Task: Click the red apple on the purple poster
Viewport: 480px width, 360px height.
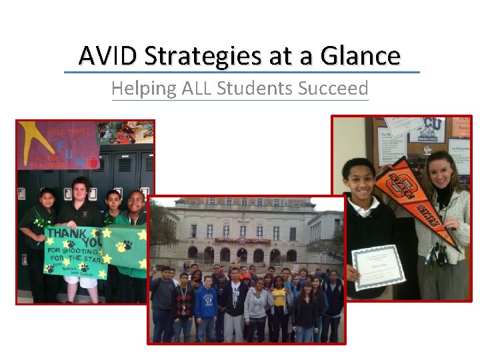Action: coord(93,163)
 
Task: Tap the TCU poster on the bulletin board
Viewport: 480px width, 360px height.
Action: coord(434,129)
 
